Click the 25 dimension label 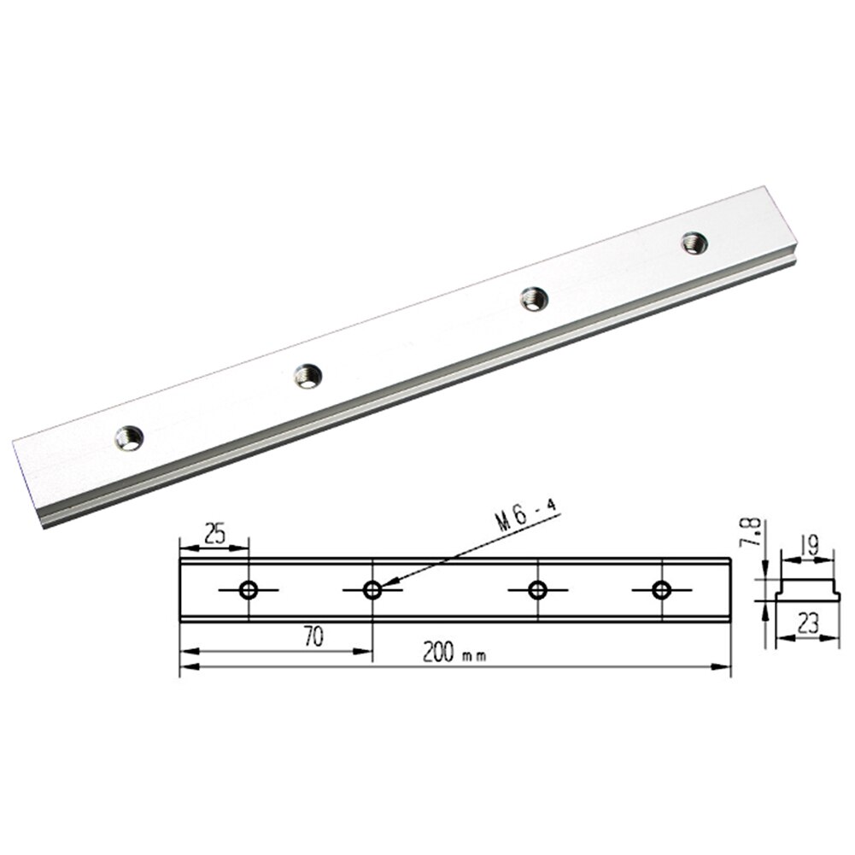(x=215, y=536)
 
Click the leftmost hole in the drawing (x=249, y=589)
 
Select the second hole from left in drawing (x=372, y=589)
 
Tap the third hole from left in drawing (x=537, y=589)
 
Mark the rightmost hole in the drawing (x=660, y=589)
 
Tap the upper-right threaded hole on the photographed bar (x=694, y=243)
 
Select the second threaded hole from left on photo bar (x=307, y=375)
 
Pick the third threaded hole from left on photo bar (x=535, y=298)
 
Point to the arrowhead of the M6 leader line (x=385, y=586)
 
